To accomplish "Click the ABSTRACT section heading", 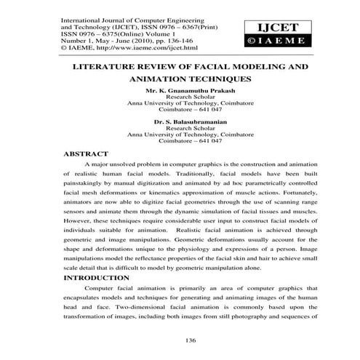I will (x=87, y=155).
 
